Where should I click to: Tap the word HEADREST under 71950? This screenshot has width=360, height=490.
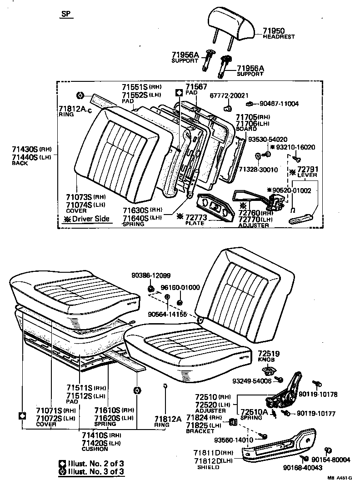coord(279,37)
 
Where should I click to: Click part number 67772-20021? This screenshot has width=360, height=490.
coord(229,95)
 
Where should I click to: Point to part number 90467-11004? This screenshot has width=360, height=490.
coord(279,104)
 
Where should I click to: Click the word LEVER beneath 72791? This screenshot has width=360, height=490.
coord(307,175)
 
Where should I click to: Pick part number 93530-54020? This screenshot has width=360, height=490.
coord(268,139)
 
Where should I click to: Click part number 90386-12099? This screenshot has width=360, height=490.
coord(152,276)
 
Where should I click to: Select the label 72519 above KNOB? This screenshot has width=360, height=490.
coord(269,354)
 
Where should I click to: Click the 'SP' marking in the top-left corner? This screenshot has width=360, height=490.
coord(66,14)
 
